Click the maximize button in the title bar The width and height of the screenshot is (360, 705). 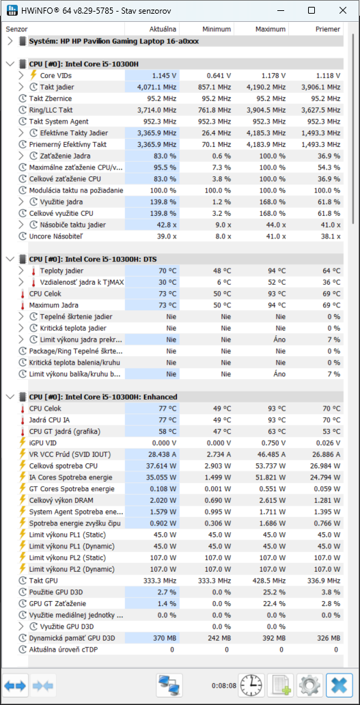[x=311, y=10]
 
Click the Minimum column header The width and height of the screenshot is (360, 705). [x=217, y=29]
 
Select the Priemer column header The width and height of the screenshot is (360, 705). [x=328, y=29]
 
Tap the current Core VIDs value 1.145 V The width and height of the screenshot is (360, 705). [x=164, y=75]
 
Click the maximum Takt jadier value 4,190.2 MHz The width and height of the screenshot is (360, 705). [x=264, y=87]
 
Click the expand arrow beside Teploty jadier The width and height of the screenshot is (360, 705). [x=21, y=271]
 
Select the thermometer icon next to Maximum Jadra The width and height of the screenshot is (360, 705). [x=23, y=305]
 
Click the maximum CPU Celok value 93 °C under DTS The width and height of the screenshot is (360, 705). [x=275, y=294]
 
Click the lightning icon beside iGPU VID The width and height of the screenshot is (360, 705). [x=23, y=443]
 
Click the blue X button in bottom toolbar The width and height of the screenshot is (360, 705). [x=340, y=686]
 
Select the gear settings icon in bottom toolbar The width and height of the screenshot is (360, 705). [x=309, y=686]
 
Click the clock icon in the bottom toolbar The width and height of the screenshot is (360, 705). [x=251, y=686]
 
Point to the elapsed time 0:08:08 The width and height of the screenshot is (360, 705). [x=223, y=686]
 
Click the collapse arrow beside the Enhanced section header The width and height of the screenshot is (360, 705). [x=10, y=397]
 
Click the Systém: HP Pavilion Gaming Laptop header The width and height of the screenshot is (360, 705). [x=113, y=42]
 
